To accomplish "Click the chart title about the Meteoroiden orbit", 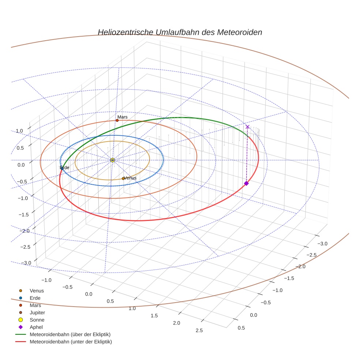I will pos(180,32).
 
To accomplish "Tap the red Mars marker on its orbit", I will pos(117,120).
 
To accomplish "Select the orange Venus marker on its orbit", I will pos(123,179).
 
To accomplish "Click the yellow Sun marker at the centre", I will pos(112,160).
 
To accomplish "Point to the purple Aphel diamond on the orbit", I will pos(246,183).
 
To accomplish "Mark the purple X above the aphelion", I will pos(247,127).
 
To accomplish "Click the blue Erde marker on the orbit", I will pos(62,168).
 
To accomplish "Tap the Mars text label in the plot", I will pos(122,117).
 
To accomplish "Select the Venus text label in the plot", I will pos(130,178).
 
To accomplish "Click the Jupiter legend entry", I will pos(37,312).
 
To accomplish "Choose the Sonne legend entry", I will pos(37,320).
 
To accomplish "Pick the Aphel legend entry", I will pos(36,327).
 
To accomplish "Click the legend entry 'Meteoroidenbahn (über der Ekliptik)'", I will pos(70,334).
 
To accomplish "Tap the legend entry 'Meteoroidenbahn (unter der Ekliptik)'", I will pos(71,342).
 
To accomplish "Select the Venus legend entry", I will pos(37,290).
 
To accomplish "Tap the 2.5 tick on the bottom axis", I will pos(199,331).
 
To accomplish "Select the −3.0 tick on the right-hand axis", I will pos(322,244).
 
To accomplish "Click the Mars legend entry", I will pos(35,305).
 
